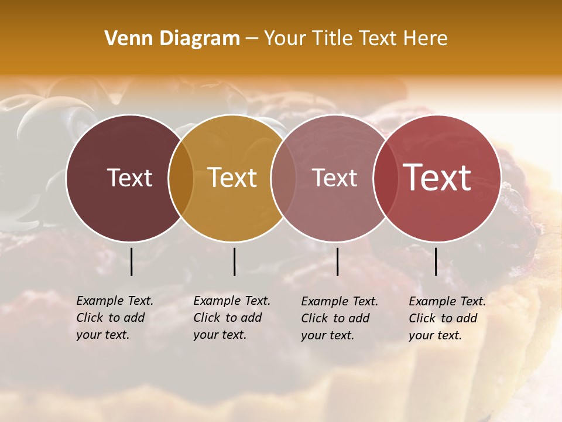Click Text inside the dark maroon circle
(x=129, y=178)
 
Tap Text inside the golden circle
(x=232, y=178)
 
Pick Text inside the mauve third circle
(x=335, y=178)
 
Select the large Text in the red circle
(x=437, y=178)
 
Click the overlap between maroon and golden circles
(x=181, y=178)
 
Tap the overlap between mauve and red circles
(x=385, y=178)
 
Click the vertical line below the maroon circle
(x=131, y=261)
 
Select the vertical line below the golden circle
(x=234, y=261)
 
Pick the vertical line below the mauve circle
(x=337, y=261)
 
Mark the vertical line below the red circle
(x=436, y=261)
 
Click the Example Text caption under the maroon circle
(x=115, y=318)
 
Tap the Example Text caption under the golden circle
(x=232, y=318)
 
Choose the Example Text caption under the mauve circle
(x=340, y=318)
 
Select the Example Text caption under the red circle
(x=447, y=318)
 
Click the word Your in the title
(x=286, y=39)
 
